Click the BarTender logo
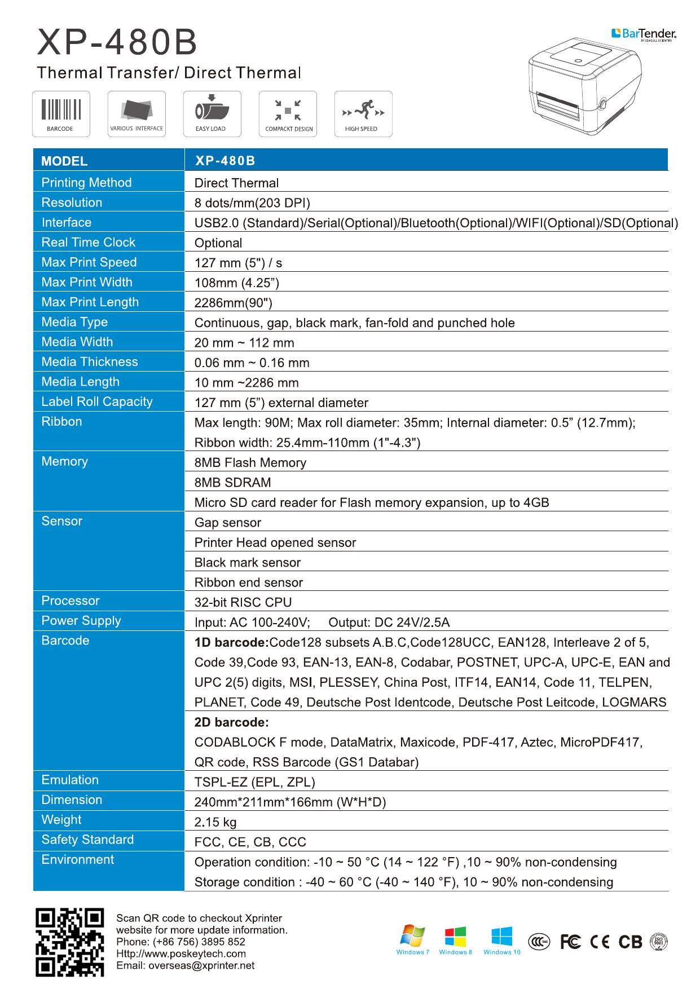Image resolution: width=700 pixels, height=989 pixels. (644, 34)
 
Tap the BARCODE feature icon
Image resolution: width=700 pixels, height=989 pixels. (61, 113)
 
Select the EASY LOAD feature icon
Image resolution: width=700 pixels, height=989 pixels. (212, 113)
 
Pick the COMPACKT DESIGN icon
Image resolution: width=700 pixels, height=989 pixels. (288, 113)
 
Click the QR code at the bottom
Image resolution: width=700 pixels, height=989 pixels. (69, 942)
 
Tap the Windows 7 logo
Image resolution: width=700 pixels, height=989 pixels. (412, 937)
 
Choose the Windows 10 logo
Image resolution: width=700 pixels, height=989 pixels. (501, 937)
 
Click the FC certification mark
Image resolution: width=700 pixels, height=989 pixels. (571, 942)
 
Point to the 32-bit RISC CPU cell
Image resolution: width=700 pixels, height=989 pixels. (243, 602)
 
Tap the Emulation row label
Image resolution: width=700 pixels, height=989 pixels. (70, 780)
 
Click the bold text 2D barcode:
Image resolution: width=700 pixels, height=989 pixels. (231, 722)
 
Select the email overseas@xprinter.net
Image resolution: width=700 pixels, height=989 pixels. (185, 965)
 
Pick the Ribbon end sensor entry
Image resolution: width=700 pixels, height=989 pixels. (249, 582)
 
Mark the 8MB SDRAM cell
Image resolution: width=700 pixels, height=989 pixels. (232, 483)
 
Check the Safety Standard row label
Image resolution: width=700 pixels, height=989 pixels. (87, 840)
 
